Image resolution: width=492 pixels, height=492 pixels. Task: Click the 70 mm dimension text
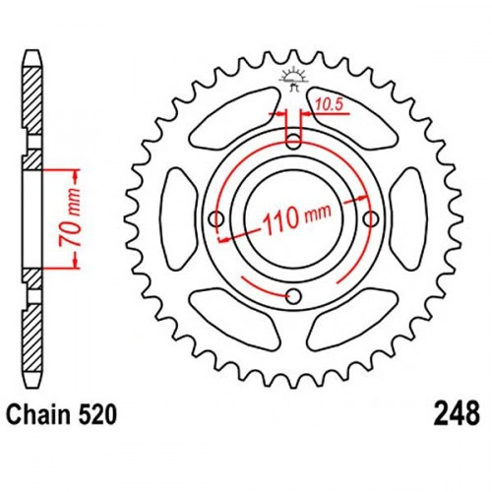(70, 217)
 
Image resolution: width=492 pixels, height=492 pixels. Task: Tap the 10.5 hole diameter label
(329, 104)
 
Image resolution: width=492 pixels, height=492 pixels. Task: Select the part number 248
(458, 414)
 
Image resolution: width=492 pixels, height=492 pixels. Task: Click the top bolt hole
(293, 142)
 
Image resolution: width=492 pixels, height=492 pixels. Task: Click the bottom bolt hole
(293, 296)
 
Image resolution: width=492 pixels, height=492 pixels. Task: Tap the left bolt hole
(216, 217)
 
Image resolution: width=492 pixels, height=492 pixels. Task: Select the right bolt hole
(371, 218)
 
